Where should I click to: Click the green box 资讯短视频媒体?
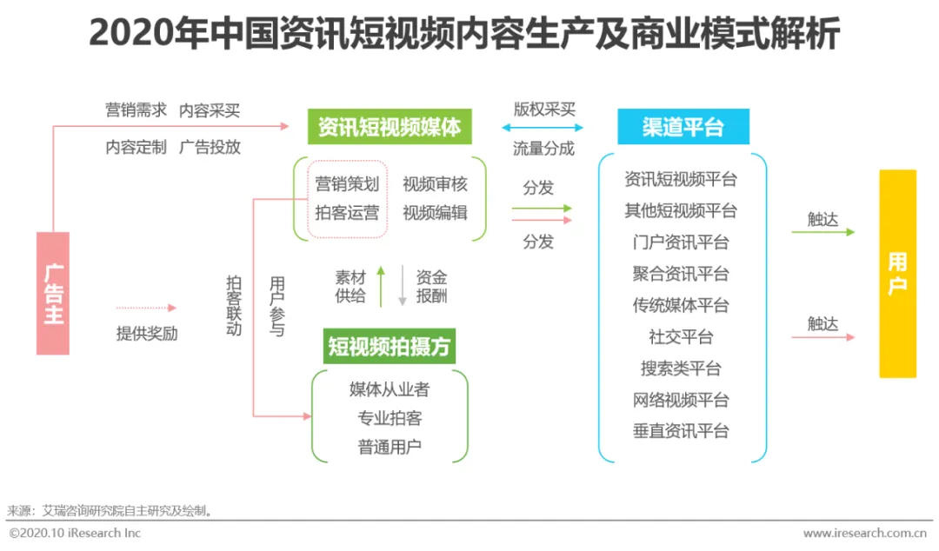point(390,128)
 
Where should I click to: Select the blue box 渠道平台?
point(683,128)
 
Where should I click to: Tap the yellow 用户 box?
point(897,273)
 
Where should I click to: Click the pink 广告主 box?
point(53,293)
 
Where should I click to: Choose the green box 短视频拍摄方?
point(390,347)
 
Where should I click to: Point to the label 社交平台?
point(681,337)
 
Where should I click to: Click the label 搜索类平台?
point(681,368)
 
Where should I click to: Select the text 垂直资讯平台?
point(681,431)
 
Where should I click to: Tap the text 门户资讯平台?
point(681,242)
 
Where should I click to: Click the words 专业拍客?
point(390,418)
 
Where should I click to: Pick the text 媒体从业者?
point(390,388)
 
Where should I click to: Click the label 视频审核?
point(435,184)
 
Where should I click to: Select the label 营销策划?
point(347,184)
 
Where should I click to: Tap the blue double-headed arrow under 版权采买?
point(543,129)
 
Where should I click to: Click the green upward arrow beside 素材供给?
point(380,286)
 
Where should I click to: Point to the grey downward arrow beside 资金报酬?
point(403,286)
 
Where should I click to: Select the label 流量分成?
point(543,149)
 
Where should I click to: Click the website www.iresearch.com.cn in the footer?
point(864,533)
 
